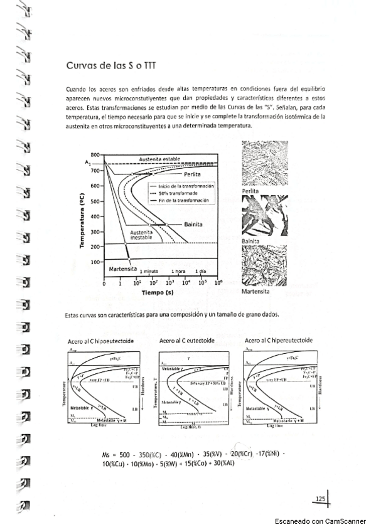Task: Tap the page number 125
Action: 320,499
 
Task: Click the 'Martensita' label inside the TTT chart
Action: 123,269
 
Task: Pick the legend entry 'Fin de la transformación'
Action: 183,200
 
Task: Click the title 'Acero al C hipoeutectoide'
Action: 102,341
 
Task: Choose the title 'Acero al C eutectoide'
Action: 187,340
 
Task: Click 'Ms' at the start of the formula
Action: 106,454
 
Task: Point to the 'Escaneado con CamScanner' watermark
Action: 320,521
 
